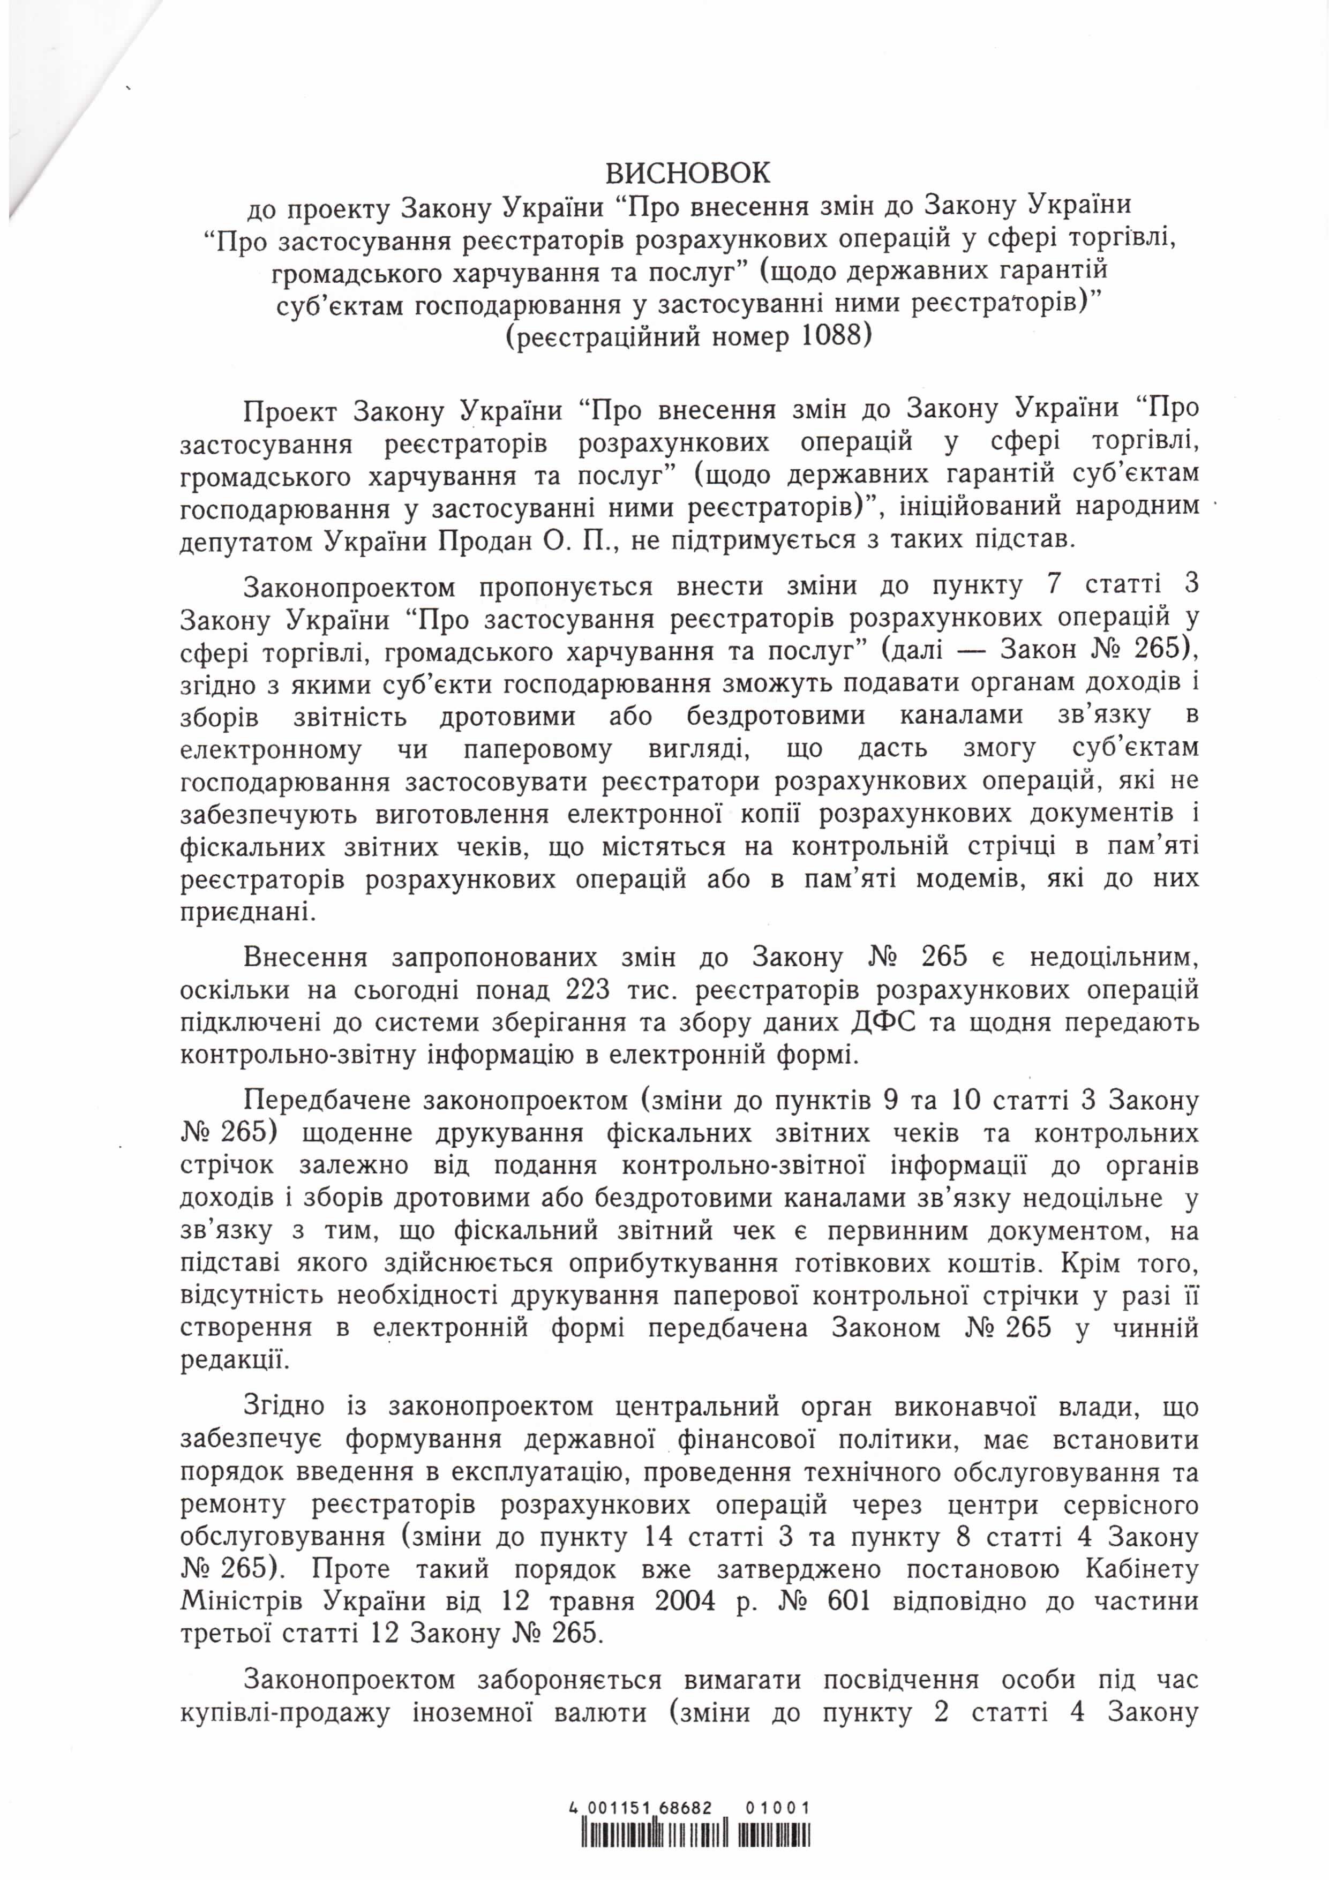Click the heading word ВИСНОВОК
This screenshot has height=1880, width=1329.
click(x=664, y=174)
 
